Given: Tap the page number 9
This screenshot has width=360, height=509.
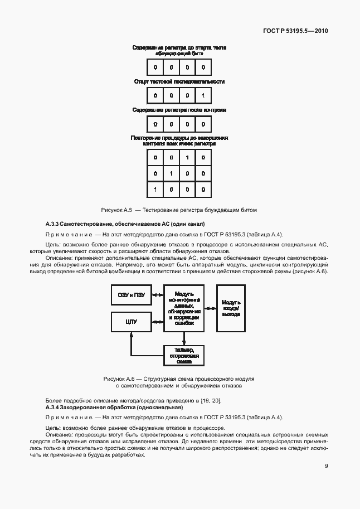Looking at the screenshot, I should pos(326,467).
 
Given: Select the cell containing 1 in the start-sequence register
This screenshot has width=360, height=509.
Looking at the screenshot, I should pos(203,96).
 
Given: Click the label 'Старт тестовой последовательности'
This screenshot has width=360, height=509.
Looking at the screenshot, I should pos(179,82).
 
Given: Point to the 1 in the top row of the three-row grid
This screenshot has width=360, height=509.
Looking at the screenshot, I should pos(187,158).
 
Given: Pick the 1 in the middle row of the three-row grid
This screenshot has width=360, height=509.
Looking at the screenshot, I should pos(171,174).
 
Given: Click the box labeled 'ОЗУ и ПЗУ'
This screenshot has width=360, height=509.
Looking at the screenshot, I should pos(131,295).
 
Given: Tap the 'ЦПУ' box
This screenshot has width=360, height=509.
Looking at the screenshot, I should pos(131,322).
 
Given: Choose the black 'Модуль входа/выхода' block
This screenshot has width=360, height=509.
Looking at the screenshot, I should pos(231,308).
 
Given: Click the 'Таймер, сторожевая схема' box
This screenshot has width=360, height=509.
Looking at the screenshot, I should pos(184,355).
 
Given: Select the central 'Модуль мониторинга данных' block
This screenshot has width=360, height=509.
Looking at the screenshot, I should pos(184,308).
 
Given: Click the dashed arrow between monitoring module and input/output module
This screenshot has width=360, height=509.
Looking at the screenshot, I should pos(210,308).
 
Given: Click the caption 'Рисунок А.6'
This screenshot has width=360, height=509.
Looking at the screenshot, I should pos(117,379).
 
